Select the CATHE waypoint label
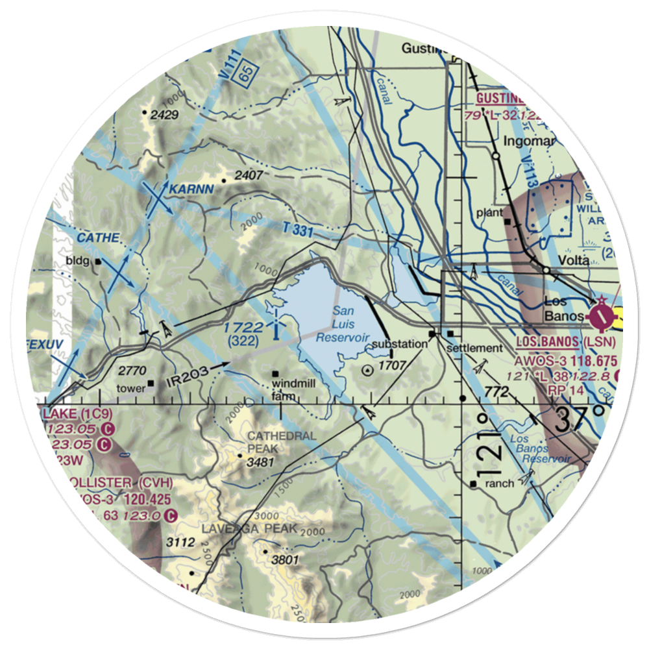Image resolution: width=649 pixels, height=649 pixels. coord(98,238)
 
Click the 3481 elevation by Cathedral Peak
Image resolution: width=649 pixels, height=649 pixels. coord(258,462)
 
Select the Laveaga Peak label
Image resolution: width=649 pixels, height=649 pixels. coord(249,528)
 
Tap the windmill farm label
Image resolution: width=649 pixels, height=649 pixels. coord(294,390)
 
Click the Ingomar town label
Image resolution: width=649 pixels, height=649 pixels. coord(525,141)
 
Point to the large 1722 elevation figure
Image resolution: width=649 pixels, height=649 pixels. coord(243,328)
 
